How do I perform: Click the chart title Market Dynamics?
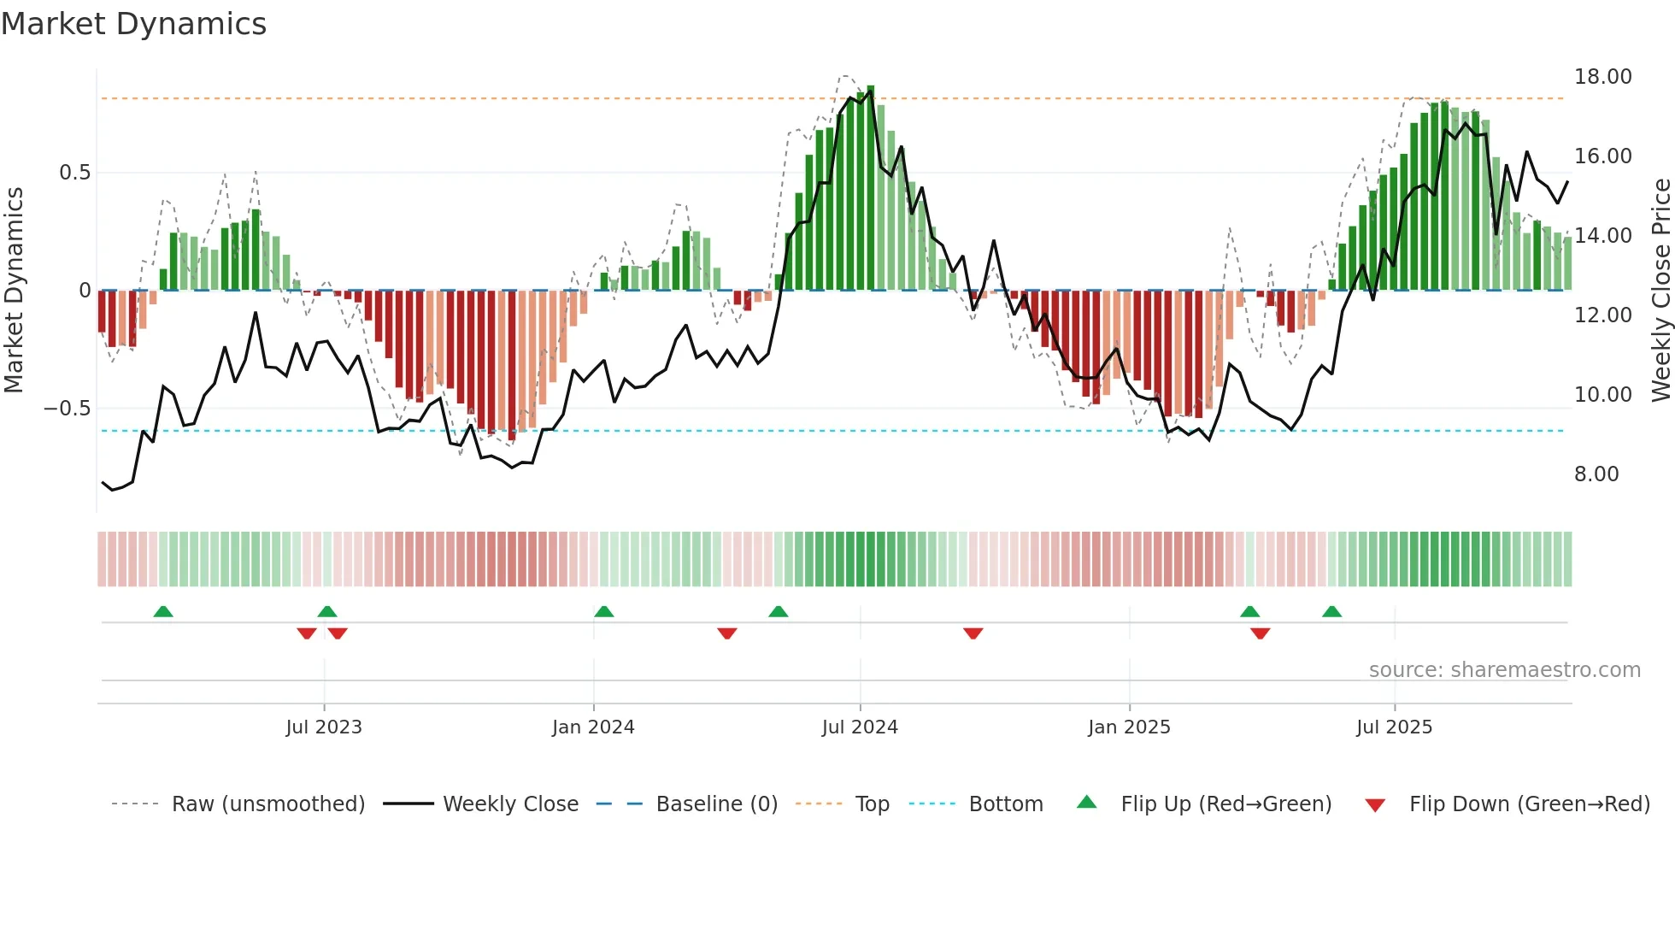click(x=133, y=24)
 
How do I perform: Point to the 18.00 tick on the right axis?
click(x=1602, y=77)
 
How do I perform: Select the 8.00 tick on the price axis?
click(x=1596, y=474)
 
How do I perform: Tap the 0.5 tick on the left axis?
click(x=74, y=173)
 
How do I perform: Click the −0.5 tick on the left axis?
click(x=67, y=409)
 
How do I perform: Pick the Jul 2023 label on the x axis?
click(x=324, y=727)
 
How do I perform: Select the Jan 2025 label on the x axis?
click(x=1129, y=727)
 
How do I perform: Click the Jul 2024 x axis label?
click(x=860, y=727)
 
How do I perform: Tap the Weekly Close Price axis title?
click(x=1660, y=290)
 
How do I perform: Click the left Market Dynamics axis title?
click(x=15, y=290)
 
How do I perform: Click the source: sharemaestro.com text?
click(x=1504, y=670)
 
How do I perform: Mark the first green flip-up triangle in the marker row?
click(x=163, y=611)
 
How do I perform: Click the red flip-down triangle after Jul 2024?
click(x=973, y=633)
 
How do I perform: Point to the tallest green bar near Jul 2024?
click(x=870, y=188)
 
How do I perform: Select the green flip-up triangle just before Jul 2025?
click(x=1331, y=611)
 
